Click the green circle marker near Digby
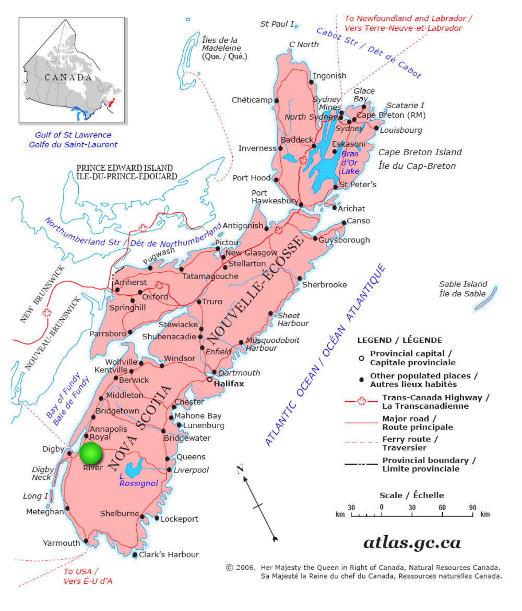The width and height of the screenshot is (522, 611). (x=91, y=453)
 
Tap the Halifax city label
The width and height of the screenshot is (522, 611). (x=229, y=383)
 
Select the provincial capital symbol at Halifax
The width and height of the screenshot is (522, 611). (x=210, y=380)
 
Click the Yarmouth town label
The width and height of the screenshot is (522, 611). (x=62, y=543)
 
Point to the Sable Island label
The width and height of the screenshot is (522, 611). (x=463, y=289)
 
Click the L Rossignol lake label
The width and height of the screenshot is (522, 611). (x=138, y=479)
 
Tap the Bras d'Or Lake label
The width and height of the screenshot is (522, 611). (x=350, y=163)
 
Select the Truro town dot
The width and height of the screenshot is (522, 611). (x=199, y=302)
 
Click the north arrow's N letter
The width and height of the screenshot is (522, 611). (x=240, y=469)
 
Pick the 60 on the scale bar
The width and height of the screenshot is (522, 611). (x=442, y=507)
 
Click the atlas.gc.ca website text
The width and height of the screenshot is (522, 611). (x=412, y=543)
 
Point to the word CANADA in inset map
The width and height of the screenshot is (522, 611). (x=68, y=77)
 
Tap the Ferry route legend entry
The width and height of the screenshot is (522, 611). (x=404, y=443)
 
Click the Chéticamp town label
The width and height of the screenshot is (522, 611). (x=252, y=100)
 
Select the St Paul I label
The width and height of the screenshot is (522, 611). (x=277, y=24)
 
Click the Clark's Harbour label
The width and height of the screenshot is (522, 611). (x=169, y=555)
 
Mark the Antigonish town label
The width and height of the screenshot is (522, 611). (x=243, y=226)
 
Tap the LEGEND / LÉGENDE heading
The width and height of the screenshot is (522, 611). (x=399, y=340)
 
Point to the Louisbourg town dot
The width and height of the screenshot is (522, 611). (x=376, y=128)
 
